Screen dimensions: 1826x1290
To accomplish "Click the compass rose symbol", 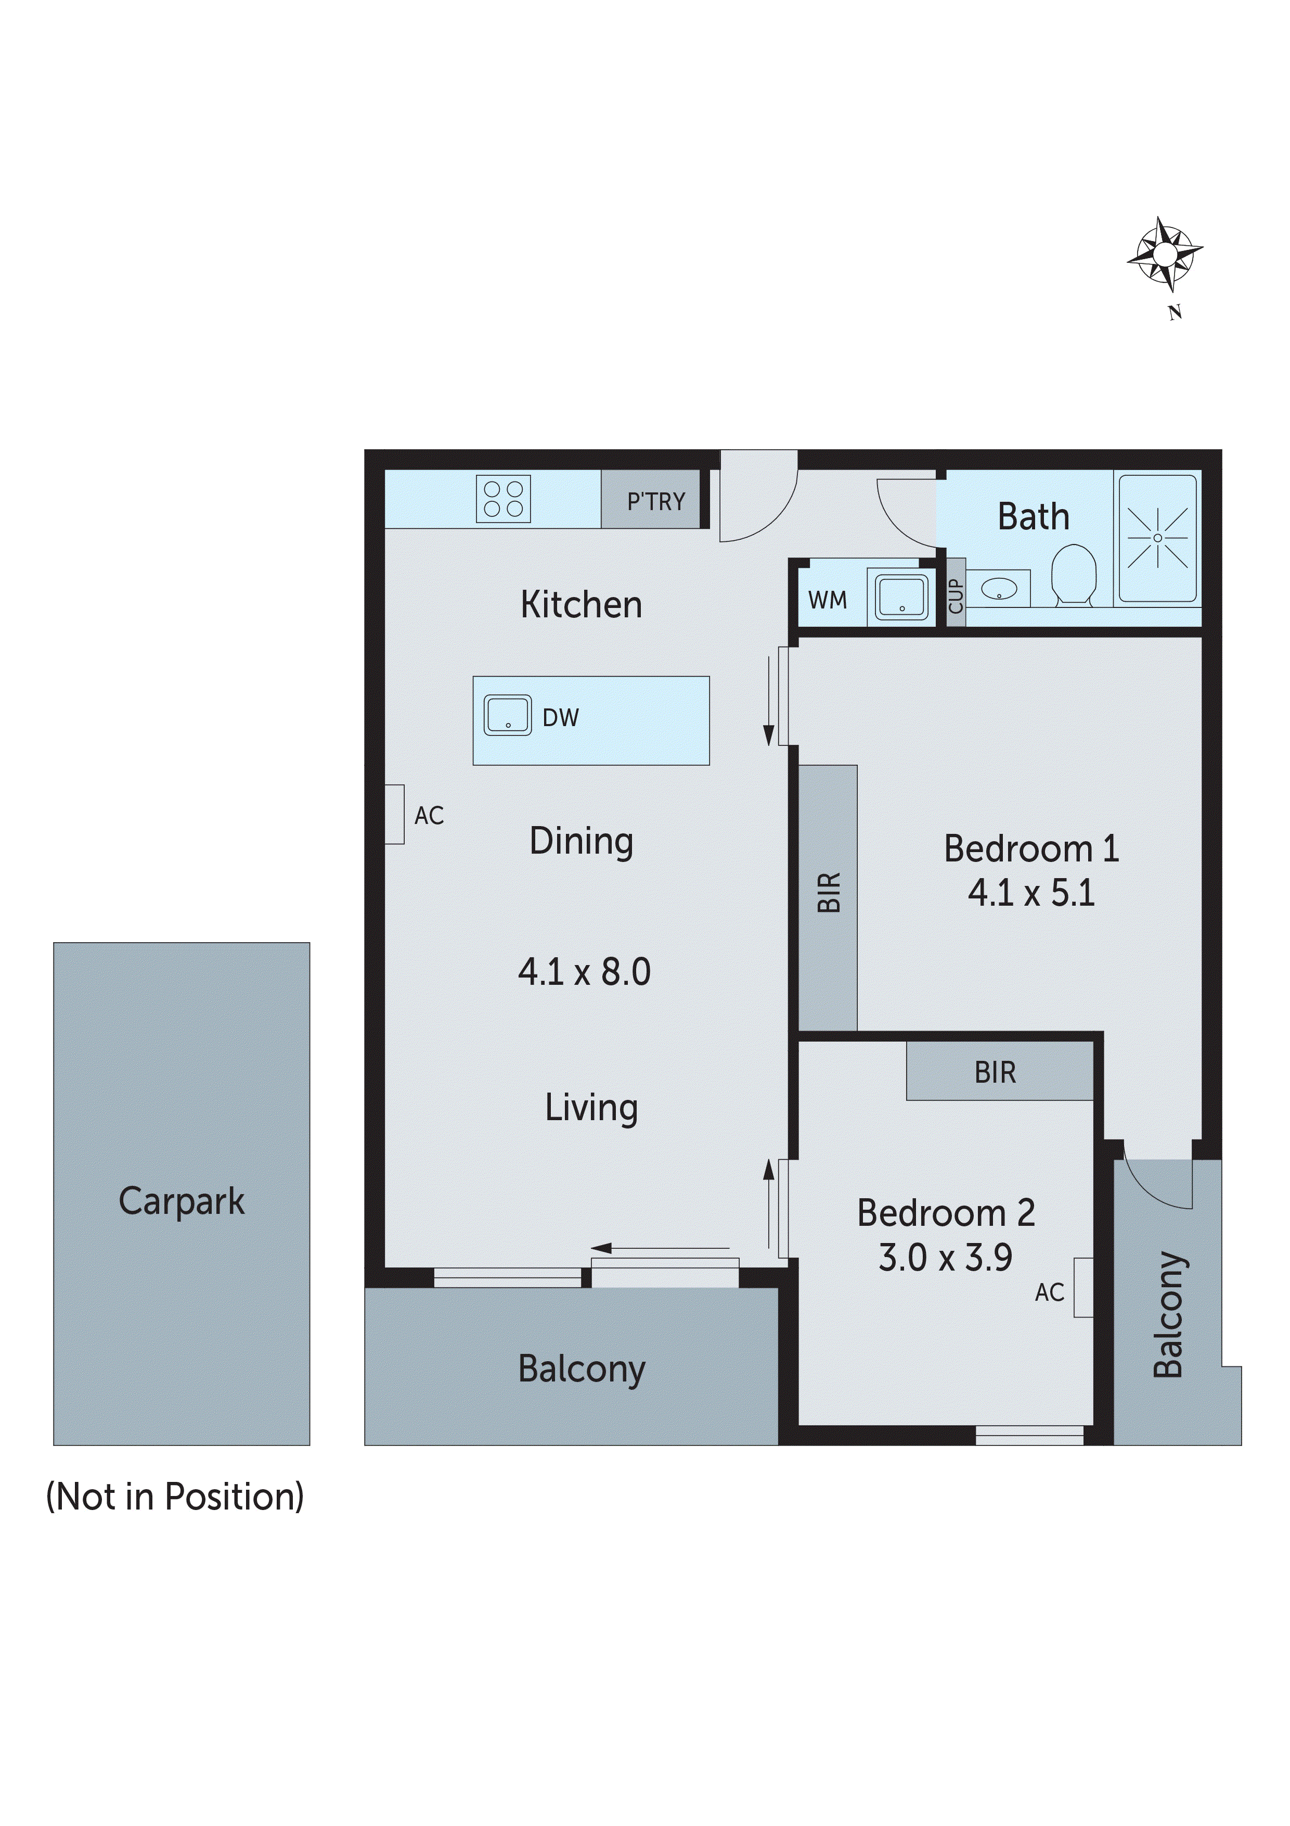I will click(1165, 255).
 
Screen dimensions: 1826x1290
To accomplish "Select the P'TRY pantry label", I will click(656, 502).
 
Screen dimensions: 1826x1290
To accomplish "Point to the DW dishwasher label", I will click(560, 718).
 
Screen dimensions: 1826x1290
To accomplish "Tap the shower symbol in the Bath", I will click(1157, 538).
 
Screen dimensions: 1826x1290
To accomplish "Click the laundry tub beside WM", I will click(901, 597).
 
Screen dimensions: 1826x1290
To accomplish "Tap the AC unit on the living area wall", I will click(394, 815).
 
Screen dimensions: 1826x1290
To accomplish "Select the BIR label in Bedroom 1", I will click(828, 892).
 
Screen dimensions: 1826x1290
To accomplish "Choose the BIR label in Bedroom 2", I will click(995, 1073).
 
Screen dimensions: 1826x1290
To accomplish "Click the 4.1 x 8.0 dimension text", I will click(584, 972).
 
